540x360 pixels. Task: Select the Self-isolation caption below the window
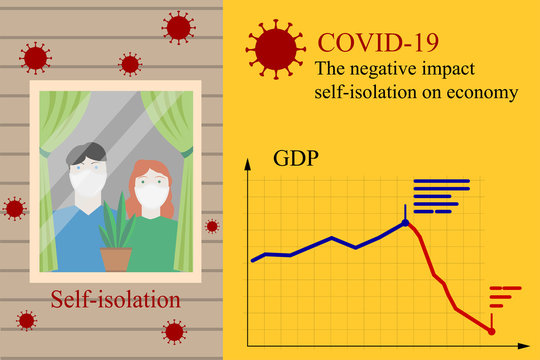click(117, 299)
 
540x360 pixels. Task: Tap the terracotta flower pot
click(116, 259)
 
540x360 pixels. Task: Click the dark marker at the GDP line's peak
click(406, 222)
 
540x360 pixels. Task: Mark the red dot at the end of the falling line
click(492, 331)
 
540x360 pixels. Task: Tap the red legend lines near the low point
click(504, 297)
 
